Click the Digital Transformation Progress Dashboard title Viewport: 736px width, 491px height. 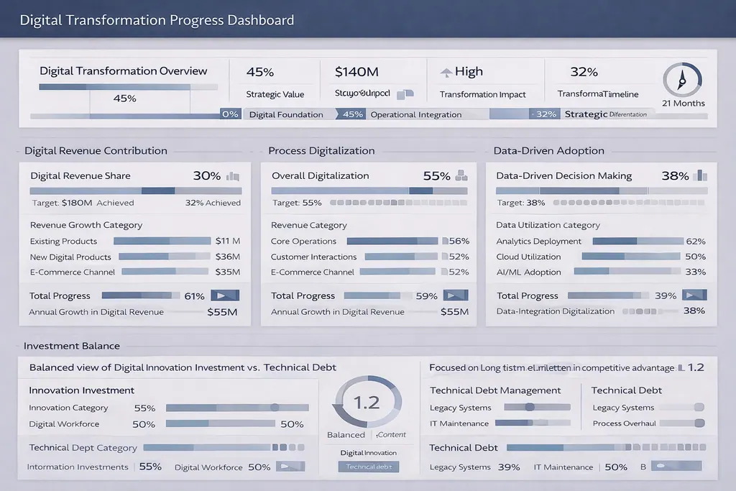point(157,19)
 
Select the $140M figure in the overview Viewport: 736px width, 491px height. point(356,72)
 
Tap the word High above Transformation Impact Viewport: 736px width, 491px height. point(469,72)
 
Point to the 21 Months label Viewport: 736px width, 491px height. point(683,104)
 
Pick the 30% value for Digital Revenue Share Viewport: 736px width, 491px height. point(207,176)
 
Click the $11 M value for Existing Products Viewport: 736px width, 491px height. point(227,242)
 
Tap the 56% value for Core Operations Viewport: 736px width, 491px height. point(459,242)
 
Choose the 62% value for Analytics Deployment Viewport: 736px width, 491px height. point(695,242)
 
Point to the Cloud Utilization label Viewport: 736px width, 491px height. point(528,257)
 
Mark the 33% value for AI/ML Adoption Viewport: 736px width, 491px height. point(695,272)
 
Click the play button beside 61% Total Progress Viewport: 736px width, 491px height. point(225,295)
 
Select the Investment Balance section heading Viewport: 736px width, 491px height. point(71,346)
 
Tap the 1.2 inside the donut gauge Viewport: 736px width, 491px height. point(367,403)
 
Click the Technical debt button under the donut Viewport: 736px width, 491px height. point(369,467)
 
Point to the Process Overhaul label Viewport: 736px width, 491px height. point(624,423)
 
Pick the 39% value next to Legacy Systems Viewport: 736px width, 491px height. point(509,467)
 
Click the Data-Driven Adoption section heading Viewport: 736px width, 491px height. point(548,151)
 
